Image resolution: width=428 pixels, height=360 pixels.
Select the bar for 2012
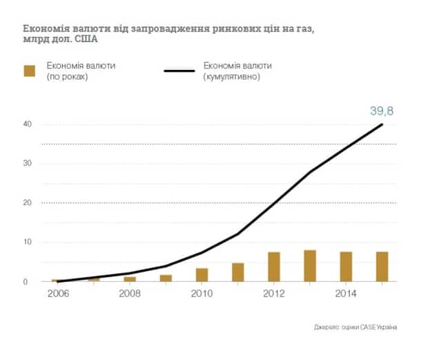(x=274, y=267)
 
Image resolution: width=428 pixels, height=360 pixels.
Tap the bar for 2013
(x=310, y=266)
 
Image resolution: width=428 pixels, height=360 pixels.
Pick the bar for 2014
(x=346, y=267)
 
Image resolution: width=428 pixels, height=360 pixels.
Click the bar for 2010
(x=202, y=274)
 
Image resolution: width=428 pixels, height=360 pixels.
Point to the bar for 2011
(x=238, y=272)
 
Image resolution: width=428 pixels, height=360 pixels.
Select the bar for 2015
(x=382, y=267)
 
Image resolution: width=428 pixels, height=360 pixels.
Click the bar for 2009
(x=166, y=278)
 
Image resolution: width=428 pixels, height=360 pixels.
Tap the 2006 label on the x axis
(x=58, y=293)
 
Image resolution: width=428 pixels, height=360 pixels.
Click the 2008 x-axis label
(x=130, y=293)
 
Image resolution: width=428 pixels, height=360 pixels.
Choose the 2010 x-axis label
(x=202, y=293)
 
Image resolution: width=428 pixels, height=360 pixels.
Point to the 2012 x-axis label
(x=274, y=293)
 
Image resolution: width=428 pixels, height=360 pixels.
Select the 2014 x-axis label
(x=346, y=293)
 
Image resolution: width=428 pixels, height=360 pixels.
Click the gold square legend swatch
(x=29, y=70)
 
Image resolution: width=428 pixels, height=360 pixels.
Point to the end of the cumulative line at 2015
(x=382, y=124)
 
